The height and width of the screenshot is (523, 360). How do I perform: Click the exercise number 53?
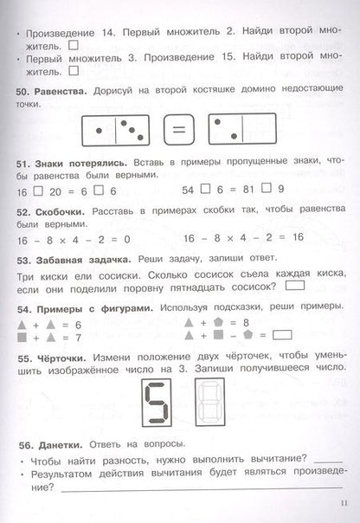[x=23, y=258]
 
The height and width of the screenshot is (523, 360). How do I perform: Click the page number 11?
[x=343, y=506]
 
